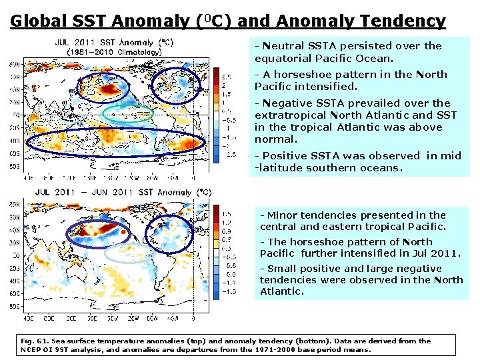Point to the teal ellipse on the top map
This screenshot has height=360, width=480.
(x=129, y=114)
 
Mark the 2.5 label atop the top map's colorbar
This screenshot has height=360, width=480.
(x=227, y=76)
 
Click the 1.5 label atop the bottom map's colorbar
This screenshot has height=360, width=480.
(x=227, y=214)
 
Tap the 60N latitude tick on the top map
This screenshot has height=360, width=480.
(x=14, y=65)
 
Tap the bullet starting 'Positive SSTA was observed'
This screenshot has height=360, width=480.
(x=357, y=161)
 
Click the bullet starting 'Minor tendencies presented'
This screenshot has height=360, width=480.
(x=353, y=221)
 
